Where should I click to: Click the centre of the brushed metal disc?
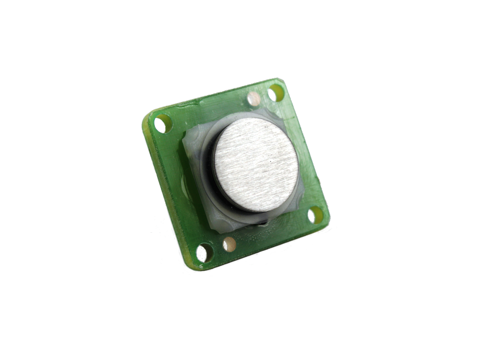pyautogui.click(x=256, y=166)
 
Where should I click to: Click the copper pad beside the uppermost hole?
pyautogui.click(x=255, y=99)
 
